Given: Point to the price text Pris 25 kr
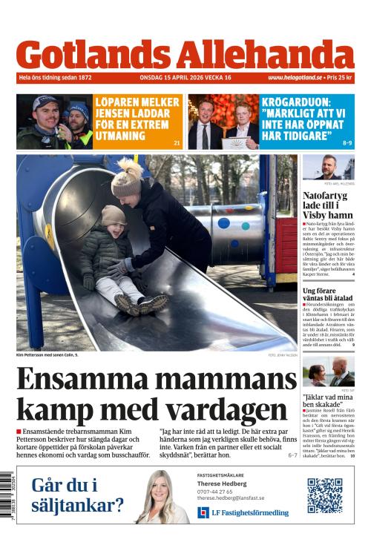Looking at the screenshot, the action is (x=340, y=77).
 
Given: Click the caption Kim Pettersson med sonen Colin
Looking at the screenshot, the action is (x=49, y=355).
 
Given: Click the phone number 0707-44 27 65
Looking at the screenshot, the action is (x=214, y=492).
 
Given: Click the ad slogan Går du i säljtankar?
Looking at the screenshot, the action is (x=77, y=495).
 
